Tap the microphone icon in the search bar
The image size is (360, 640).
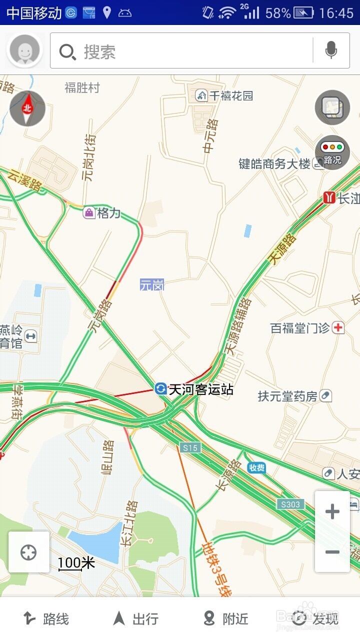[x=330, y=50]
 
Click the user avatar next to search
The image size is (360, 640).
[x=24, y=50]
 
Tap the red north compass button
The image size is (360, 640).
[x=27, y=108]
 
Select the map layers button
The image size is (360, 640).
[x=332, y=107]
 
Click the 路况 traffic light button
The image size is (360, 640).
[x=332, y=152]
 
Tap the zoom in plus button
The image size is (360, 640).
[x=332, y=511]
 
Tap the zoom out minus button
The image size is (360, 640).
[x=332, y=552]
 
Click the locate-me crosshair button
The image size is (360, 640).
[x=28, y=552]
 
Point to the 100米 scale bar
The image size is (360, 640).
[x=76, y=563]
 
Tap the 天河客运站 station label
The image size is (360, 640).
[x=200, y=389]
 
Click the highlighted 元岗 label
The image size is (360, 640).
[x=152, y=285]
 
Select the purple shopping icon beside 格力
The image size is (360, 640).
[x=89, y=212]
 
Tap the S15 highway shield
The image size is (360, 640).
[x=190, y=447]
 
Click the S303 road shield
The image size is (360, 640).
[x=290, y=504]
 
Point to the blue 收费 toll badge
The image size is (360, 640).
[x=256, y=467]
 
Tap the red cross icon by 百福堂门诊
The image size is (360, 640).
[x=338, y=327]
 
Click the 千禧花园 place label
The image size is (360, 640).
[x=230, y=95]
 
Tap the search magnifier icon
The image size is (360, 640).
[x=67, y=51]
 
